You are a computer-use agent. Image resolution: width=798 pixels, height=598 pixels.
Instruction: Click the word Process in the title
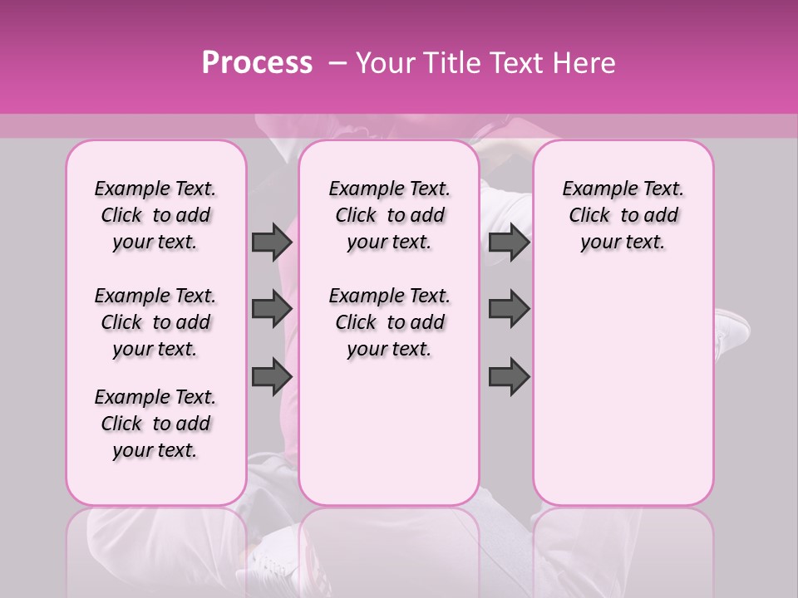(x=257, y=63)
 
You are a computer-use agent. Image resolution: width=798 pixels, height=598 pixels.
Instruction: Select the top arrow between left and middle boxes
(x=272, y=243)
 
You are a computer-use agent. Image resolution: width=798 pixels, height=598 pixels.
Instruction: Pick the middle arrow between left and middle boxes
(x=272, y=310)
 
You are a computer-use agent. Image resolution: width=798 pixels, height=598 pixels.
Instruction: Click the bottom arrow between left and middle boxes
(x=272, y=377)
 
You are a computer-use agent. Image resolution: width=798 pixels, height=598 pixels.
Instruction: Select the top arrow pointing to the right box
(x=509, y=243)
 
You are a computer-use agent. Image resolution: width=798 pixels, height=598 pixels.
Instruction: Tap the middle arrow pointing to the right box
(x=509, y=310)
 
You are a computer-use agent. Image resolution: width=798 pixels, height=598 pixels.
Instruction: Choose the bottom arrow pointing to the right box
(x=509, y=377)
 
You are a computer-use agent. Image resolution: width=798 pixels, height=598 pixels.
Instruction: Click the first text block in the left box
(x=155, y=215)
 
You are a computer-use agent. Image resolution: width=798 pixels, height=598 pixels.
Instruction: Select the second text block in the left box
(x=155, y=322)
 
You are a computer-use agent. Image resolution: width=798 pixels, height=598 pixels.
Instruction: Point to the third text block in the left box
(x=155, y=424)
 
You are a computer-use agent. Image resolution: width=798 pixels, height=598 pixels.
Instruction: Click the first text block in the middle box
(x=389, y=215)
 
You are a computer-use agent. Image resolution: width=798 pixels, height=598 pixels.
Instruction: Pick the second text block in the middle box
(x=389, y=322)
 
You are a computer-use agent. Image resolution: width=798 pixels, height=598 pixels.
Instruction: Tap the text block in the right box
(x=623, y=215)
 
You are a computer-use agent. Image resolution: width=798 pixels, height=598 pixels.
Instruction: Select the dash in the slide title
(x=337, y=63)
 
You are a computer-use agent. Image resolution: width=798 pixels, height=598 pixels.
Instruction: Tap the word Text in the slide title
(x=515, y=63)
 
